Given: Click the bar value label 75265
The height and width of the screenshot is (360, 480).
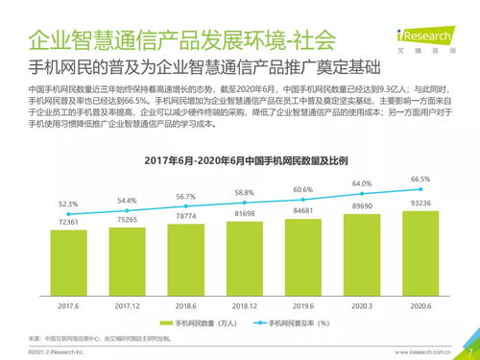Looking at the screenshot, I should (x=127, y=220).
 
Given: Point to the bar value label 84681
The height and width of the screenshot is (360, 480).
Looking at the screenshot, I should (x=303, y=209).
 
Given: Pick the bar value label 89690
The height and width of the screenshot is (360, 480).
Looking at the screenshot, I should (x=362, y=206).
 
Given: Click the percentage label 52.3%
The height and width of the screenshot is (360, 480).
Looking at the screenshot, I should (x=68, y=204).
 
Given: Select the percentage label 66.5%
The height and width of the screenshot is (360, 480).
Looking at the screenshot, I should (x=420, y=179).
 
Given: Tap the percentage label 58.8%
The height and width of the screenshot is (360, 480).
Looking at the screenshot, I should (x=245, y=193).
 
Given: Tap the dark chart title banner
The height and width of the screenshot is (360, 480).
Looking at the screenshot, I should (x=243, y=158).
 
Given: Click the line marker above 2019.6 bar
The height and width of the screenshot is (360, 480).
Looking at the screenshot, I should (x=303, y=200).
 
